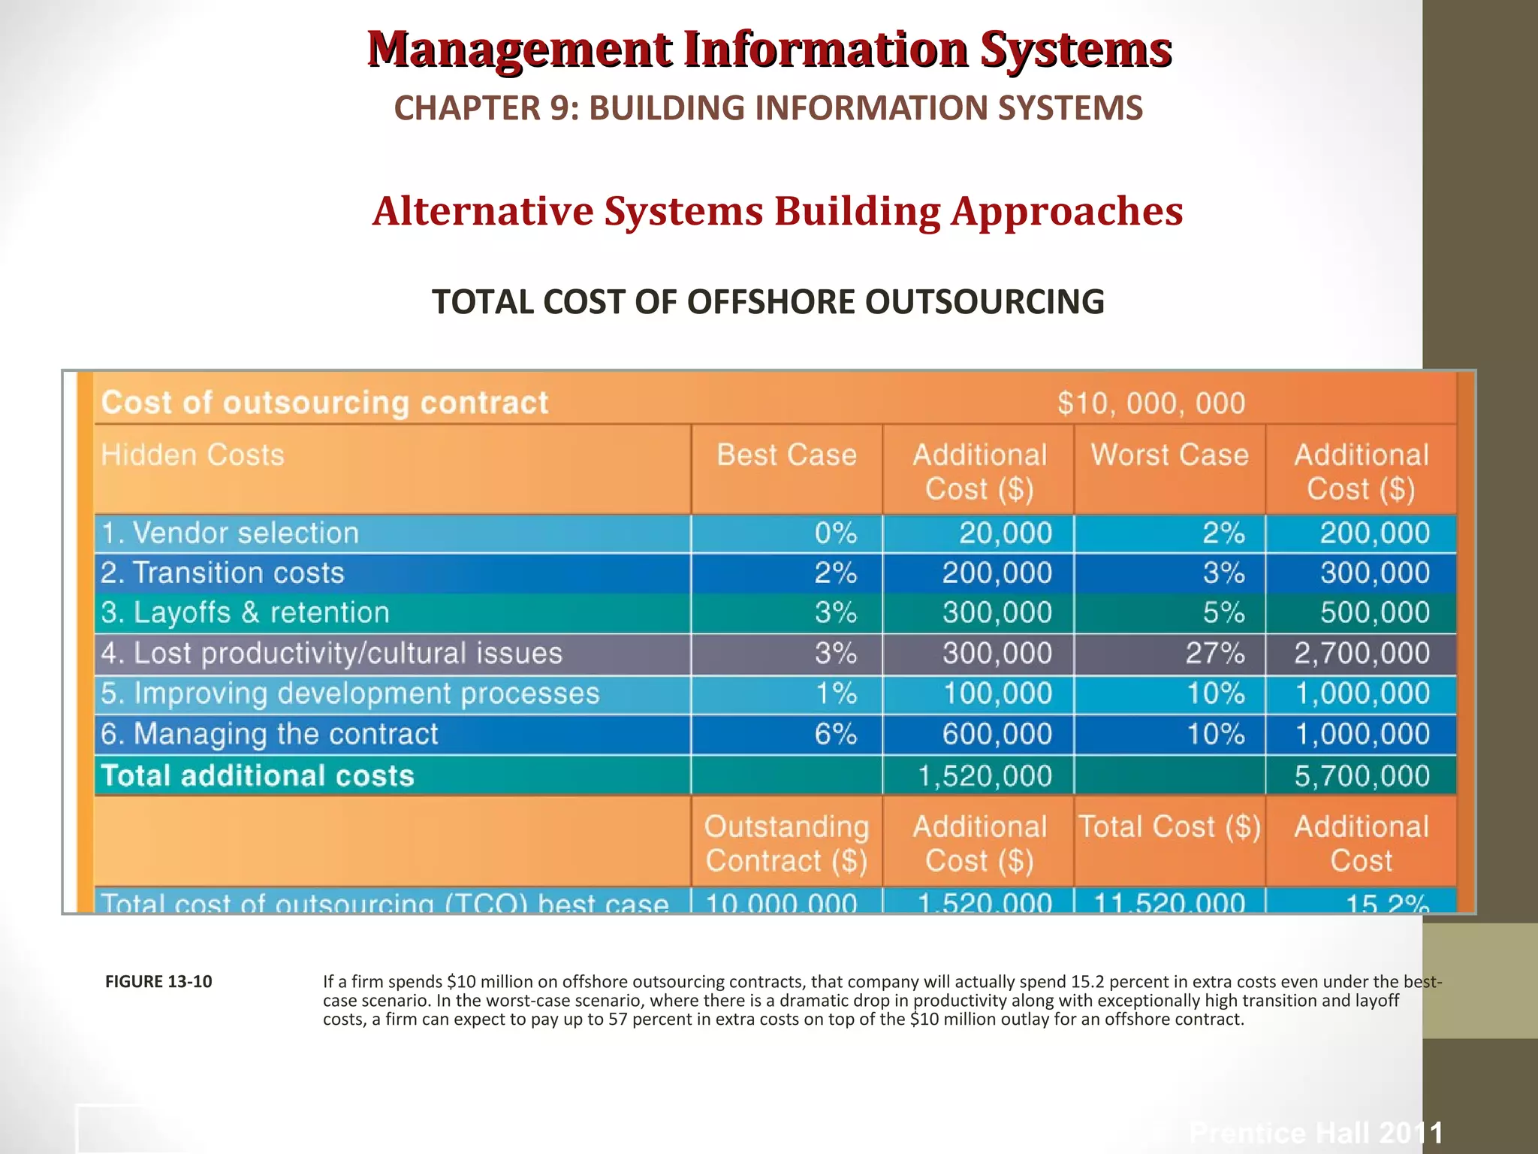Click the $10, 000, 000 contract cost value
point(1151,403)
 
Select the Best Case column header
point(786,455)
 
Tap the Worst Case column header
point(1169,455)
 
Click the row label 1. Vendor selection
point(230,533)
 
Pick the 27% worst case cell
point(1214,654)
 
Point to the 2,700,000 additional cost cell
point(1362,654)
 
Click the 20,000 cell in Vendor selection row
point(1005,533)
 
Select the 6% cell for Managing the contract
point(835,734)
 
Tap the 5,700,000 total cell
point(1362,776)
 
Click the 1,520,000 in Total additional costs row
point(985,776)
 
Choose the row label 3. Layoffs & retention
point(246,613)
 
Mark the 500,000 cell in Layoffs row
point(1374,613)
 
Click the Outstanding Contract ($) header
point(786,843)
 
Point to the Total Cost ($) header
point(1169,827)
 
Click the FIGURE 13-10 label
point(158,981)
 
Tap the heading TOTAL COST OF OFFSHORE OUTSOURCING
point(768,302)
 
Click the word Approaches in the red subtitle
point(1066,211)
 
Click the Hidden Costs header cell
point(193,455)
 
